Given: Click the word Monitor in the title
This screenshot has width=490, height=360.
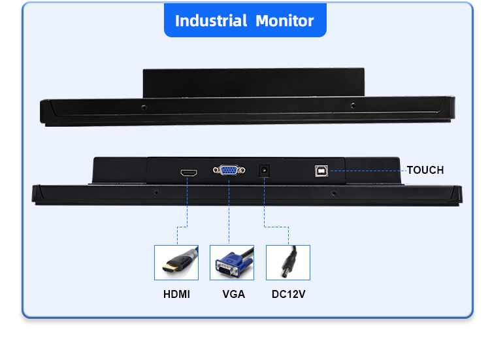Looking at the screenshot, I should (284, 20).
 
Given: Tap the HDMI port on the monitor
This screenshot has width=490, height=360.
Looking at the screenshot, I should (189, 173).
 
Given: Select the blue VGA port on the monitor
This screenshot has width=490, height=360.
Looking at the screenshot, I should (229, 171).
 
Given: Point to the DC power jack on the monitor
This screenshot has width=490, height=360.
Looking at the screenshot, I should (265, 170).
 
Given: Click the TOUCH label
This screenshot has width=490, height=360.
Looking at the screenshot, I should (425, 171).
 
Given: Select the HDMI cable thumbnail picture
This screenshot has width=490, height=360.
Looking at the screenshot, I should (176, 263).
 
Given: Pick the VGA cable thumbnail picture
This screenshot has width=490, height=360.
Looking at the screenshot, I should (232, 263).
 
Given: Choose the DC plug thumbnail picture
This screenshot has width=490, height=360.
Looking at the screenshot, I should (288, 263).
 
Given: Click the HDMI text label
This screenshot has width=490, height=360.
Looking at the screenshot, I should (176, 295).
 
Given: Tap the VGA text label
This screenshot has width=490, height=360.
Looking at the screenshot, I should (233, 295).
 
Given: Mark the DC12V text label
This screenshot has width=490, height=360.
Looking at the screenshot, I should (288, 295).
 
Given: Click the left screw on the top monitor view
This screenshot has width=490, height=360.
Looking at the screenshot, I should (144, 105).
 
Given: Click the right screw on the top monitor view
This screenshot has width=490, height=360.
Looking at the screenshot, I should (353, 105).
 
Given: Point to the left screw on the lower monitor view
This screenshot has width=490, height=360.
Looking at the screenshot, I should (155, 193).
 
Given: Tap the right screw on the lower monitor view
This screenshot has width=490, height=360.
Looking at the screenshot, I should (334, 193).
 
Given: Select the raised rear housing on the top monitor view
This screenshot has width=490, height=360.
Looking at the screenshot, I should (253, 82).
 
